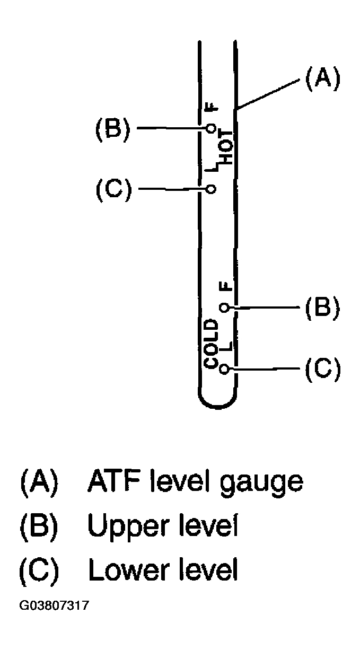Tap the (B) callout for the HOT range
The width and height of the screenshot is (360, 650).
[112, 128]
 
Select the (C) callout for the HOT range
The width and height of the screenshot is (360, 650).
[112, 189]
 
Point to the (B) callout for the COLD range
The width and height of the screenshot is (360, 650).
[321, 308]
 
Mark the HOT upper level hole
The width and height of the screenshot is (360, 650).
[211, 128]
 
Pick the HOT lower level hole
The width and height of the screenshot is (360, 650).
[211, 189]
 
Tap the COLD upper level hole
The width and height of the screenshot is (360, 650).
[224, 308]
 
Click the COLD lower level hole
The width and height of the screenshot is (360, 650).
[224, 368]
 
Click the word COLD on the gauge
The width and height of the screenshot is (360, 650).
[212, 344]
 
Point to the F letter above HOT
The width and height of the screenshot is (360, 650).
[212, 108]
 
